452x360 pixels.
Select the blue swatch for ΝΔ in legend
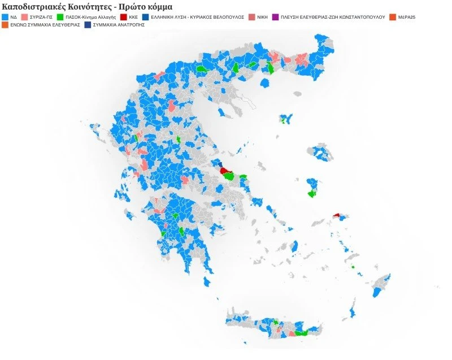(x=5, y=18)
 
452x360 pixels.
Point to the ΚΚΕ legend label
(x=134, y=18)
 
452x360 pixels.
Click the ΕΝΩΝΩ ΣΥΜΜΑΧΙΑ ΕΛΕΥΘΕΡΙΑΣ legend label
(x=44, y=25)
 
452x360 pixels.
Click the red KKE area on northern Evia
(x=225, y=170)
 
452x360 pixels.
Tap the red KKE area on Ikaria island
(x=337, y=215)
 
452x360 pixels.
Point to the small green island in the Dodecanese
(x=353, y=267)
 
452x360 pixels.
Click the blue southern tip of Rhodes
(x=376, y=292)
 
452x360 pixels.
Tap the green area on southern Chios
(x=311, y=194)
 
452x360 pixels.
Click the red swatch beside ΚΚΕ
(x=124, y=18)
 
